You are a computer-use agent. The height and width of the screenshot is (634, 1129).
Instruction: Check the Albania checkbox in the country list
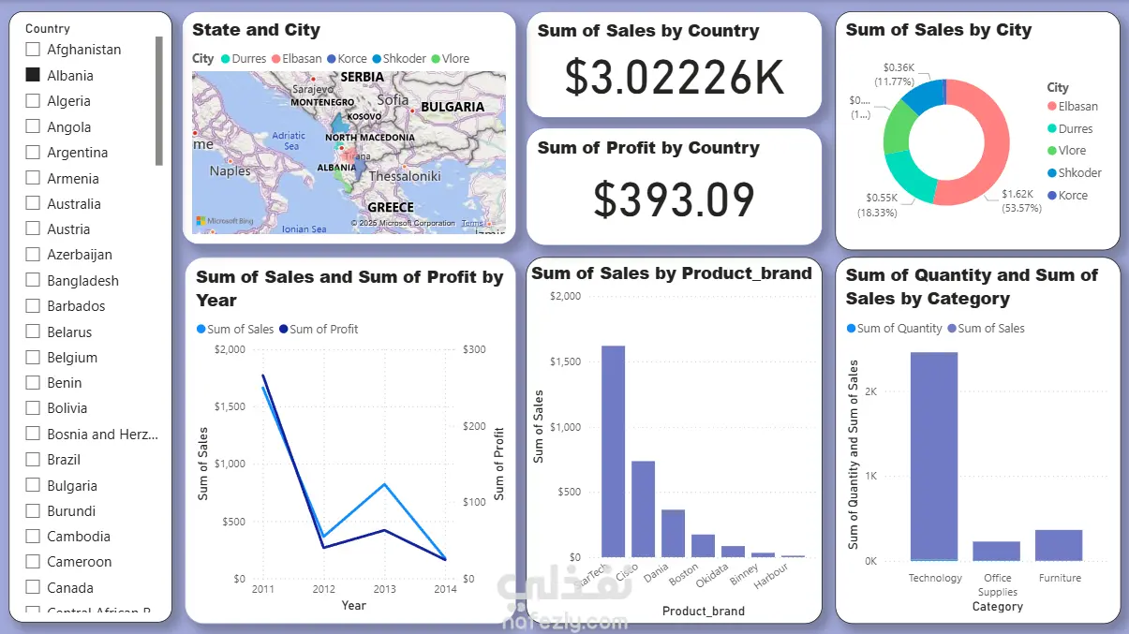coord(33,75)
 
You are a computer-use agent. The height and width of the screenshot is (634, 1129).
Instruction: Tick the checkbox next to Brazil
coord(33,460)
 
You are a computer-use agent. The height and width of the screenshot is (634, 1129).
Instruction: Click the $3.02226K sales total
coord(674,78)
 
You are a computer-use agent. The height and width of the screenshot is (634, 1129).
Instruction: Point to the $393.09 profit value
coord(674,199)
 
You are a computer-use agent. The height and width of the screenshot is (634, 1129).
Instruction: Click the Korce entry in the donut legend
coord(1073,196)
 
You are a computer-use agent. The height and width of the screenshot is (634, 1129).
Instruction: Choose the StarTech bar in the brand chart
coord(613,451)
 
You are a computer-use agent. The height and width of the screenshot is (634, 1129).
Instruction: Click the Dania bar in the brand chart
coord(673,533)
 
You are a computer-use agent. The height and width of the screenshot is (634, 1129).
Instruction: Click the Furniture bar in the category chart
coord(1059,545)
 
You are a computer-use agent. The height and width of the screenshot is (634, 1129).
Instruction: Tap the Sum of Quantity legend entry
coord(894,329)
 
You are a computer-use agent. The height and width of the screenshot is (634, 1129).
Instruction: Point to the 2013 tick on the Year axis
coord(384,589)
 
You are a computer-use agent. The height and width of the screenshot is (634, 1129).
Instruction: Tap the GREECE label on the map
coord(390,207)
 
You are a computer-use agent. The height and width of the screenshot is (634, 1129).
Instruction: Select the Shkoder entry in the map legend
coord(403,59)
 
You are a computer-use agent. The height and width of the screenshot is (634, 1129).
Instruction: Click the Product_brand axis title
coord(703,612)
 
